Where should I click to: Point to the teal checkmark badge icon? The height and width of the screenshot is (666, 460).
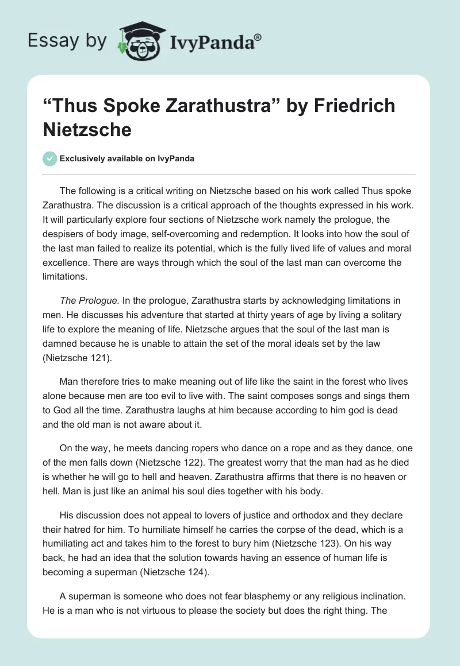(49, 158)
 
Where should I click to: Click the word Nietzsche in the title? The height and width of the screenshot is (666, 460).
(87, 129)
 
